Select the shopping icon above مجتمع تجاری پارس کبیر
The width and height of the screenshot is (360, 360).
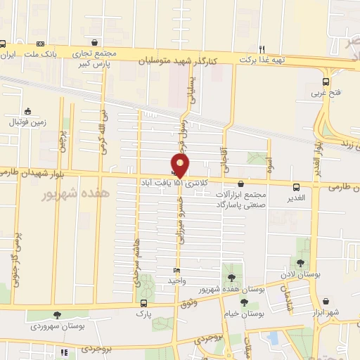click(95, 41)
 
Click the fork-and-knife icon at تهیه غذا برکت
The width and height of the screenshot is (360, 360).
click(262, 49)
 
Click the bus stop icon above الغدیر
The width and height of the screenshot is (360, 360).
click(297, 188)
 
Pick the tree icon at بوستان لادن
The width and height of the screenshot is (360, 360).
click(301, 262)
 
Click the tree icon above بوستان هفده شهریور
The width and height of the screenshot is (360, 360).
click(231, 276)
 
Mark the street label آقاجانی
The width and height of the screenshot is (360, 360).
click(225, 145)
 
